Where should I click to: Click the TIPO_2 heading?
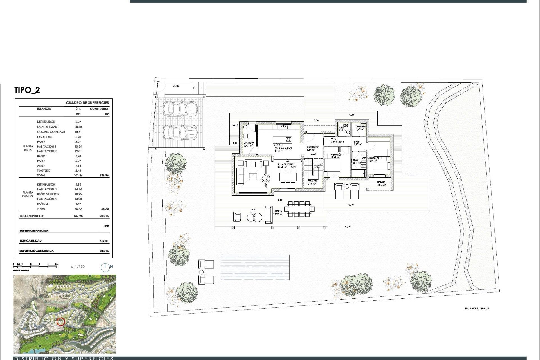(x=27, y=90)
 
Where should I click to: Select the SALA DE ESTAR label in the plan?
(x=286, y=165)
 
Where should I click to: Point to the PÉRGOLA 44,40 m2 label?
(x=278, y=212)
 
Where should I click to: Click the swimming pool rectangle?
(x=255, y=267)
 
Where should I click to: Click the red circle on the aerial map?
(x=61, y=321)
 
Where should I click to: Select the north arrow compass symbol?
(x=105, y=267)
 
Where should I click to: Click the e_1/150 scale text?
(x=78, y=267)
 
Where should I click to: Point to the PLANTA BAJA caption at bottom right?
(x=477, y=309)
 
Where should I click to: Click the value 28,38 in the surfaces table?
(x=78, y=127)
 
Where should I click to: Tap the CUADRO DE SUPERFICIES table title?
(x=87, y=103)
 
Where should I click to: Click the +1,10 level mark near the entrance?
(x=175, y=86)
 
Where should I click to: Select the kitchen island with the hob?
(x=283, y=139)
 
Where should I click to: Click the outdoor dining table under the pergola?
(x=299, y=209)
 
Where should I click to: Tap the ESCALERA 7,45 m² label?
(x=312, y=183)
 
